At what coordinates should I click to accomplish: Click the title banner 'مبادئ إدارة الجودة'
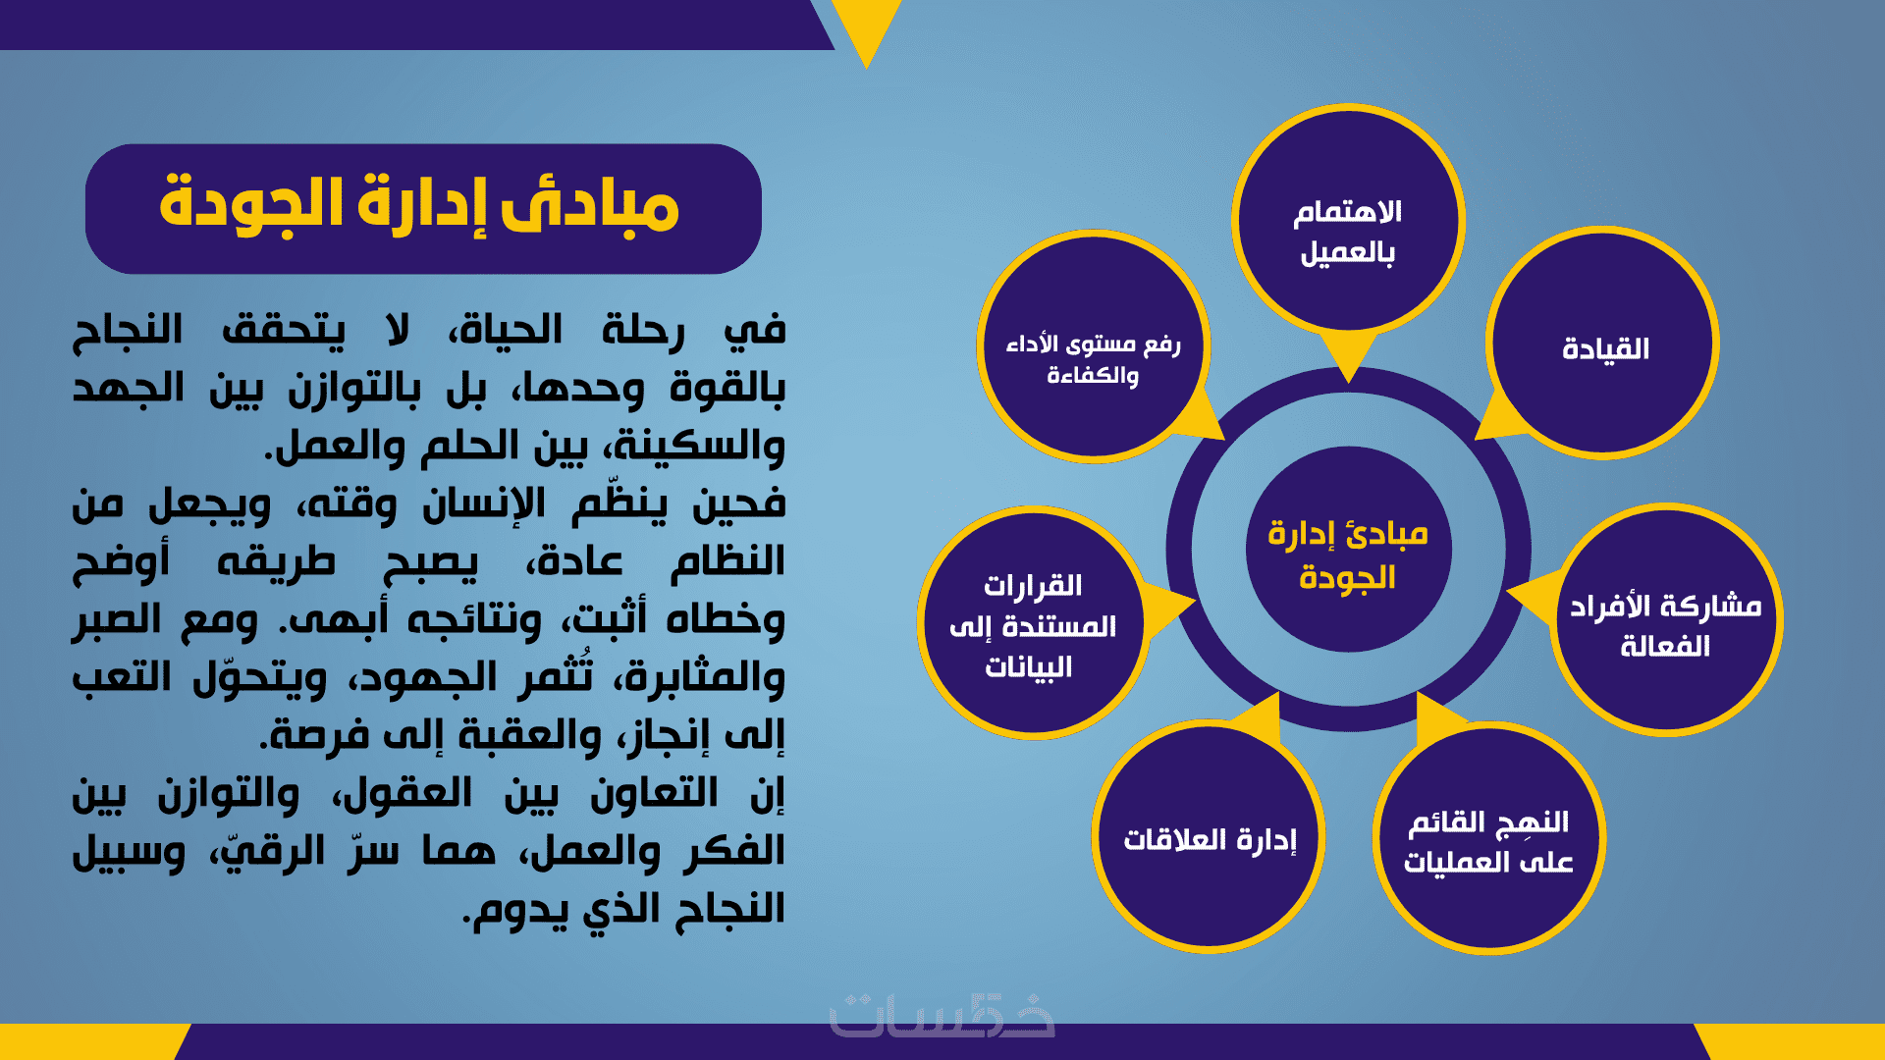coord(423,209)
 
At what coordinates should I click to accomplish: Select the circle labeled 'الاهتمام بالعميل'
coord(1348,220)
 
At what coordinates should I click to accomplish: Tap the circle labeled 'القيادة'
coord(1603,344)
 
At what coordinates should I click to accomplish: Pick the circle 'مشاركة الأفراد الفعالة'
coord(1666,620)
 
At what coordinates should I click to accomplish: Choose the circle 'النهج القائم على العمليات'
coord(1489,838)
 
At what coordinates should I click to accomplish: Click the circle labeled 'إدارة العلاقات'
coord(1209,836)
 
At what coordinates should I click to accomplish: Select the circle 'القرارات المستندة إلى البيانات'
coord(1033,623)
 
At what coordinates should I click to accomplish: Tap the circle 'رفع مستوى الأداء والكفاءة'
coord(1093,346)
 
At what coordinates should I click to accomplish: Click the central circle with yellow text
coord(1348,550)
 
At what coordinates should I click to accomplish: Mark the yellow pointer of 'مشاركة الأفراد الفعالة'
coord(1533,594)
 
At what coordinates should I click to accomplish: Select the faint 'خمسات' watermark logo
coord(942,1015)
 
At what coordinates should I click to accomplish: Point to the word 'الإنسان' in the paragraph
coord(484,504)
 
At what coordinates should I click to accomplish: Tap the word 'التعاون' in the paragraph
coord(654,793)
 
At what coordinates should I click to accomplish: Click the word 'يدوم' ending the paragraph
coord(514,909)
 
